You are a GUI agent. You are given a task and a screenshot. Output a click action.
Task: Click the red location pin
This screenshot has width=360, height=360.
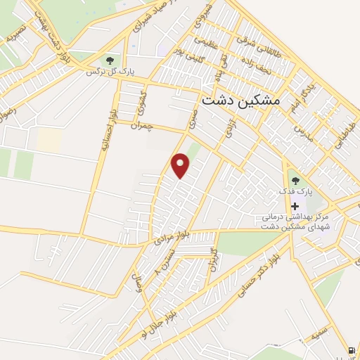181,165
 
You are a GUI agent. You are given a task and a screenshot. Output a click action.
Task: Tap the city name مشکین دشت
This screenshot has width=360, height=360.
240,101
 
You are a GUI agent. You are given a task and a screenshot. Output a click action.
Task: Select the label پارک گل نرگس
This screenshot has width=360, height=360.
110,72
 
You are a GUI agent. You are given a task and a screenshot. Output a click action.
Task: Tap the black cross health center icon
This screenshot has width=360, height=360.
295,205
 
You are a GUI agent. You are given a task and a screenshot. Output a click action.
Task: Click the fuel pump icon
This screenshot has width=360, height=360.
351,350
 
